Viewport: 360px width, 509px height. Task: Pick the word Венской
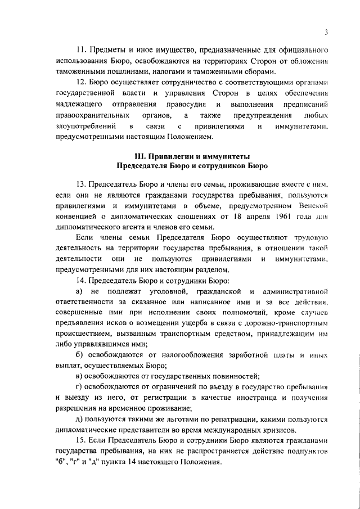click(x=310, y=206)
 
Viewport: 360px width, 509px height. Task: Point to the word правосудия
click(x=187, y=105)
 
